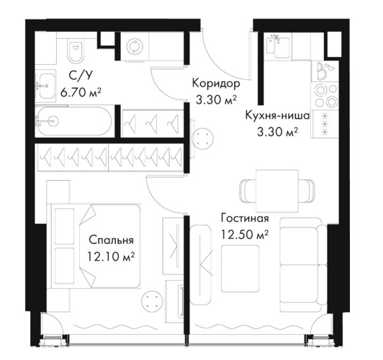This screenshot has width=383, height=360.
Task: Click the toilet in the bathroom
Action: pos(76,50)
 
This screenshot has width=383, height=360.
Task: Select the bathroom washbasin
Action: pos(45,86)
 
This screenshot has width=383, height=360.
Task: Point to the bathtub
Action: pos(74,122)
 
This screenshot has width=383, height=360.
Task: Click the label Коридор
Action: pos(216,84)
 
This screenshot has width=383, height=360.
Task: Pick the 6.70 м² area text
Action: pos(81,93)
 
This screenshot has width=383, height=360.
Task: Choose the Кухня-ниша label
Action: pos(277,115)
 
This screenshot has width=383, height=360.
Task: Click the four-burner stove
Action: pos(325,96)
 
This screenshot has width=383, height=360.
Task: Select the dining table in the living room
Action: pos(277,191)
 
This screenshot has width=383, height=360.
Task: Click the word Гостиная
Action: pos(245,218)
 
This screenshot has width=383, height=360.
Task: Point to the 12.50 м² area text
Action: pos(245,234)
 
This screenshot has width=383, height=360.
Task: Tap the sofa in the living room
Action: pos(303,265)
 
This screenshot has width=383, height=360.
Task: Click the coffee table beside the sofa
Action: pos(240,269)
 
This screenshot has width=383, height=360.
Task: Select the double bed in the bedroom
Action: pos(96,246)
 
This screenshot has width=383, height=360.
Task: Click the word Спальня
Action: pos(111,240)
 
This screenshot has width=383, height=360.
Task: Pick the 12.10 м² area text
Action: pos(111,256)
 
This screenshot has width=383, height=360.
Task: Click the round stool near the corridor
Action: pos(203,139)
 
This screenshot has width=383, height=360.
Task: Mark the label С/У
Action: pos(81,76)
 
